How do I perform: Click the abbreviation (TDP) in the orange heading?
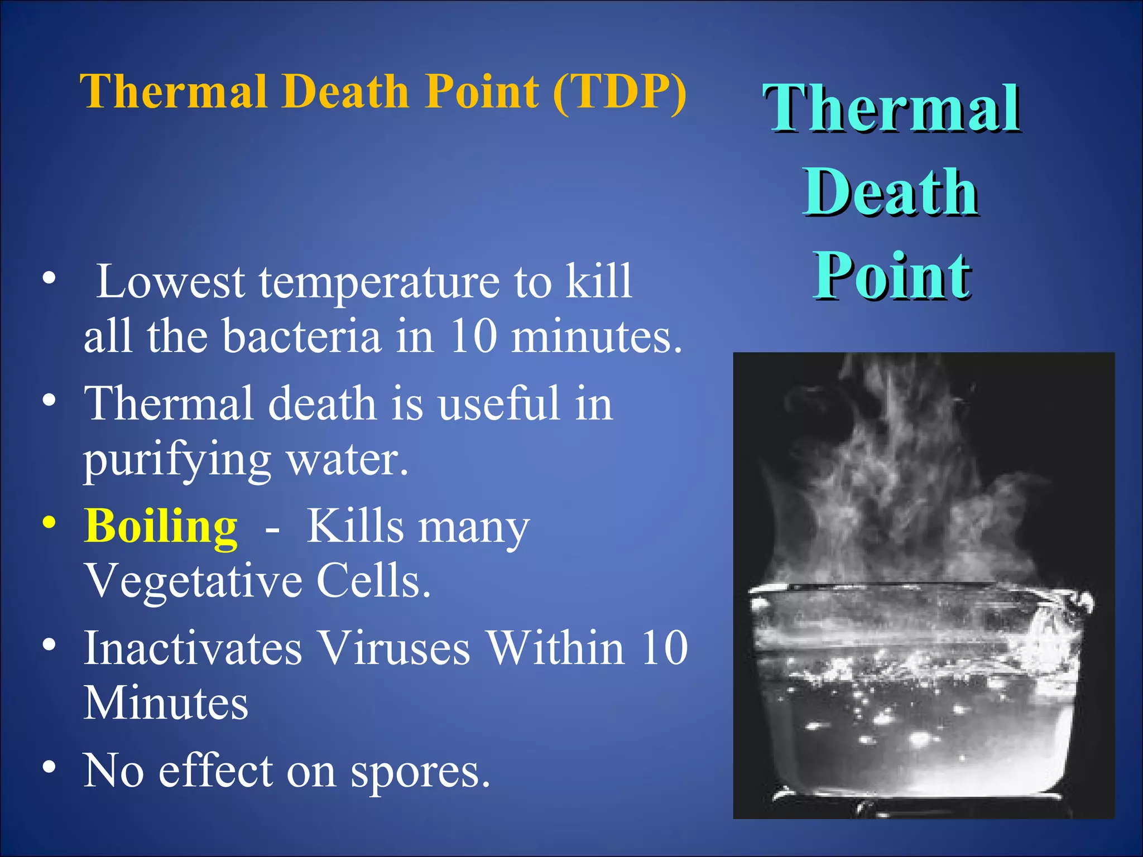pyautogui.click(x=619, y=92)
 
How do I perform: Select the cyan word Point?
pyautogui.click(x=891, y=275)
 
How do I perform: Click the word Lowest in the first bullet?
pyautogui.click(x=170, y=282)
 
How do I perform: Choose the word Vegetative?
pyautogui.click(x=193, y=581)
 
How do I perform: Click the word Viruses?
pyautogui.click(x=394, y=648)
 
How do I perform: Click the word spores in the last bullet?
pyautogui.click(x=420, y=771)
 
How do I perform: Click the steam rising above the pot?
pyautogui.click(x=893, y=474)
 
